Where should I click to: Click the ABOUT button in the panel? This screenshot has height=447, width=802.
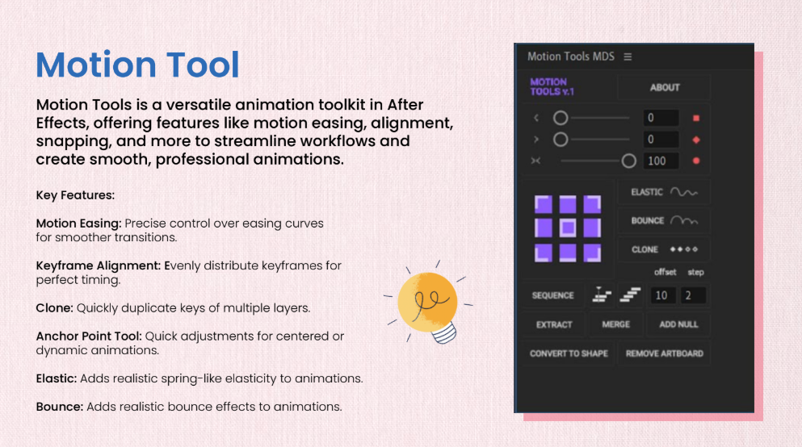(664, 87)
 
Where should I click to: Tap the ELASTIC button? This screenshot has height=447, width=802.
(664, 192)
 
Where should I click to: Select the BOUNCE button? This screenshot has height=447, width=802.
(664, 221)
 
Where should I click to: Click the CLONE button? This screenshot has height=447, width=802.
(664, 249)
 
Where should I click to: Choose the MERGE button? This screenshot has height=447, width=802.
(615, 324)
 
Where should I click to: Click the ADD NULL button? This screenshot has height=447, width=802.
(678, 324)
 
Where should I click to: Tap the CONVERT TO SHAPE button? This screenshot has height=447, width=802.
(569, 353)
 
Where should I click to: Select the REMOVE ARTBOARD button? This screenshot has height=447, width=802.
(665, 353)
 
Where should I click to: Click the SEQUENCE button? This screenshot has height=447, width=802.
(553, 295)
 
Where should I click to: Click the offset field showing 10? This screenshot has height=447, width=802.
(662, 295)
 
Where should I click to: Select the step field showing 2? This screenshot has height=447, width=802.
(692, 295)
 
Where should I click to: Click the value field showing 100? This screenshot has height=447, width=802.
(661, 161)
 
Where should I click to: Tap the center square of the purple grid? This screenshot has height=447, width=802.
(567, 228)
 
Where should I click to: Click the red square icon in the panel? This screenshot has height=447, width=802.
(695, 118)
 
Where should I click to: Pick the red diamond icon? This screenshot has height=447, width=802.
(695, 140)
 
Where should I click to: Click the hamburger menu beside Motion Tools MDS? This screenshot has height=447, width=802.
(628, 56)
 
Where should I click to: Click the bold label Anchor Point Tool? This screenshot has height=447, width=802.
(89, 336)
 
